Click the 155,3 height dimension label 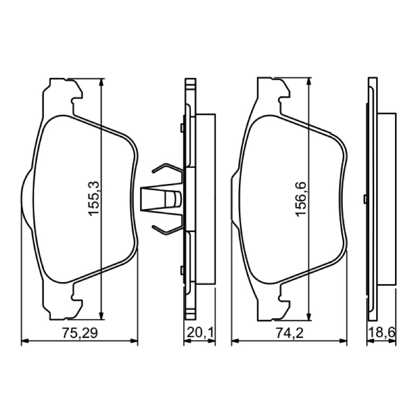[x=94, y=198]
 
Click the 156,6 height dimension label [x=301, y=200]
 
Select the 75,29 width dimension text [x=80, y=333]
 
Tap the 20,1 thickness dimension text [x=200, y=333]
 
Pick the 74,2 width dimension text [x=290, y=333]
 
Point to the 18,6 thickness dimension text [x=382, y=333]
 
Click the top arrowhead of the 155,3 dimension [x=101, y=83]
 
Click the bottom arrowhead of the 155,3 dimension [x=101, y=315]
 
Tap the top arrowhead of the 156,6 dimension [x=308, y=82]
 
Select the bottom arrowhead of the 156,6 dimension [x=308, y=317]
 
